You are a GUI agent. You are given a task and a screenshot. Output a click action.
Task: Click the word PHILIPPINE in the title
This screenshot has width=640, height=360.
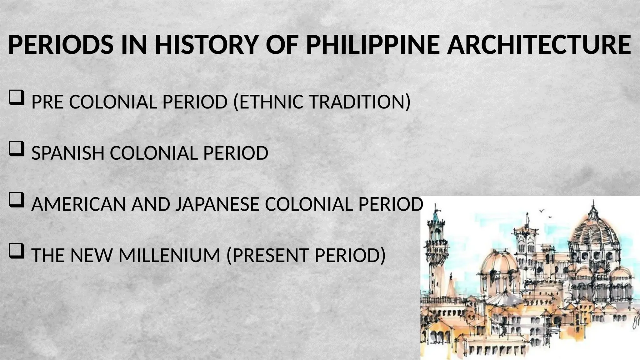coord(373,45)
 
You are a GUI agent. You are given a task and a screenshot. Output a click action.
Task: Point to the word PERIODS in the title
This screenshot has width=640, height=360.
coord(61,45)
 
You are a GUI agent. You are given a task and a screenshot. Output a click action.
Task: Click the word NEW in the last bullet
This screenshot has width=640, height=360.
coord(91,255)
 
